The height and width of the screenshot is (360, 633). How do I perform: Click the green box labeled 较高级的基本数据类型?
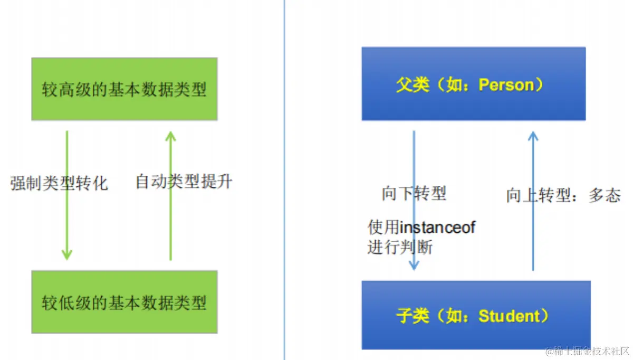[x=124, y=89]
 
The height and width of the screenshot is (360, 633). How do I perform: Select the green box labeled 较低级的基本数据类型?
[x=124, y=302]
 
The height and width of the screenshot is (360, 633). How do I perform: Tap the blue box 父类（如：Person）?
[x=473, y=84]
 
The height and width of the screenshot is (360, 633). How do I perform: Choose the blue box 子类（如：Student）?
[x=475, y=315]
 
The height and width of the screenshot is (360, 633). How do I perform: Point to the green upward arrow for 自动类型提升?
[x=170, y=222]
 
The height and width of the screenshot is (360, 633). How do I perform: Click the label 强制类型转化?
[x=59, y=183]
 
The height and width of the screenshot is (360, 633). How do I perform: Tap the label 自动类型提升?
[x=184, y=182]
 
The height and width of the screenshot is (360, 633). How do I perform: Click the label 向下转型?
[x=414, y=194]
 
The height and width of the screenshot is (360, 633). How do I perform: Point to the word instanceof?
[x=437, y=228]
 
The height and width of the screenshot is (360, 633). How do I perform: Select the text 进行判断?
[x=399, y=247]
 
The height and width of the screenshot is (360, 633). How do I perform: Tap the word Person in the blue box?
[x=506, y=85]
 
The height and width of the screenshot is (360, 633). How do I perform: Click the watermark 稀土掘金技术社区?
[x=588, y=351]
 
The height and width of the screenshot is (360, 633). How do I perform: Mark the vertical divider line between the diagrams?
[x=284, y=179]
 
